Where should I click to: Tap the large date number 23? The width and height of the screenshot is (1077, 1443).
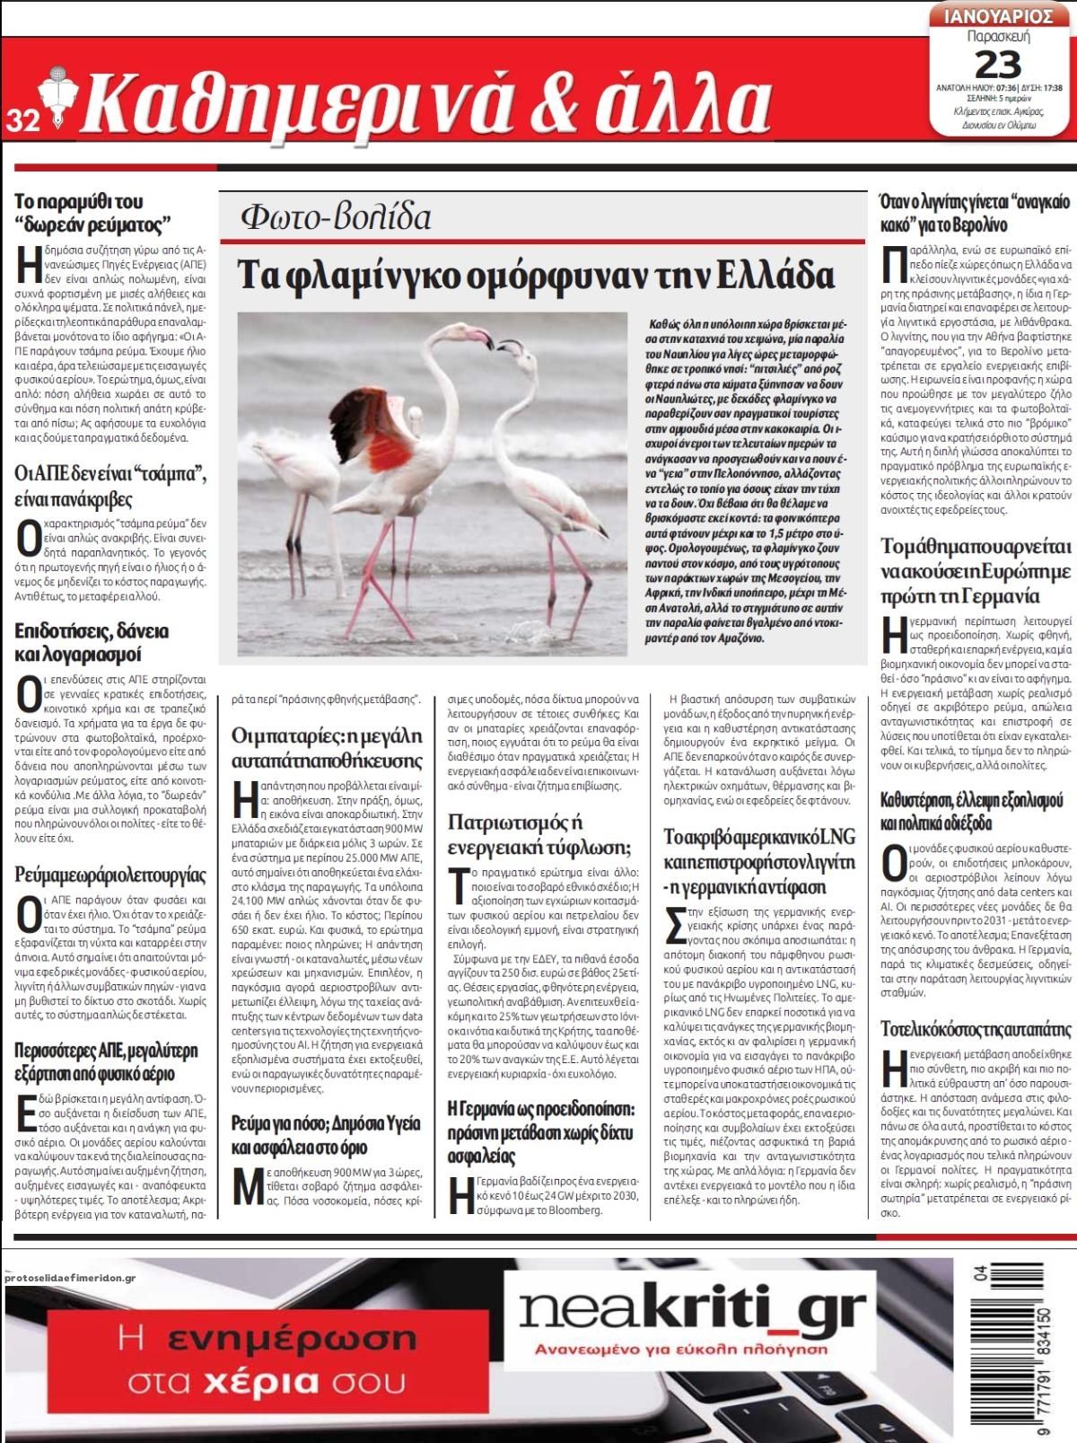pos(998,65)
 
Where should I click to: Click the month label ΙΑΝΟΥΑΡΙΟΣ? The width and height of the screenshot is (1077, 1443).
pos(998,17)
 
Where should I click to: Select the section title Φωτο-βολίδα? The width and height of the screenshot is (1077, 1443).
pos(336,217)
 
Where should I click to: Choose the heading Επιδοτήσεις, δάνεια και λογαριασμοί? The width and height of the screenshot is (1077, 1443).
pos(92,642)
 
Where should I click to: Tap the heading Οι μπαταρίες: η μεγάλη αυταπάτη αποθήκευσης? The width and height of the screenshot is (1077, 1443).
pos(327,747)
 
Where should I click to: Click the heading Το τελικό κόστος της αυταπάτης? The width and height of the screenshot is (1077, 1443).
pos(976,1028)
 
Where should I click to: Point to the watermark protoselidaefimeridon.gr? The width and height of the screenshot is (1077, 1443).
pos(69,1278)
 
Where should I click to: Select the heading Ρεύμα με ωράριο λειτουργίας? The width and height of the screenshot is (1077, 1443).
pos(110,875)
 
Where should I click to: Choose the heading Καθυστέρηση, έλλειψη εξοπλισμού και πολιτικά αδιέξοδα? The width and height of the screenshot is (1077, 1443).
pos(972,811)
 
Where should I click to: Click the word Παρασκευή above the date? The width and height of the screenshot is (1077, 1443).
pos(998,37)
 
